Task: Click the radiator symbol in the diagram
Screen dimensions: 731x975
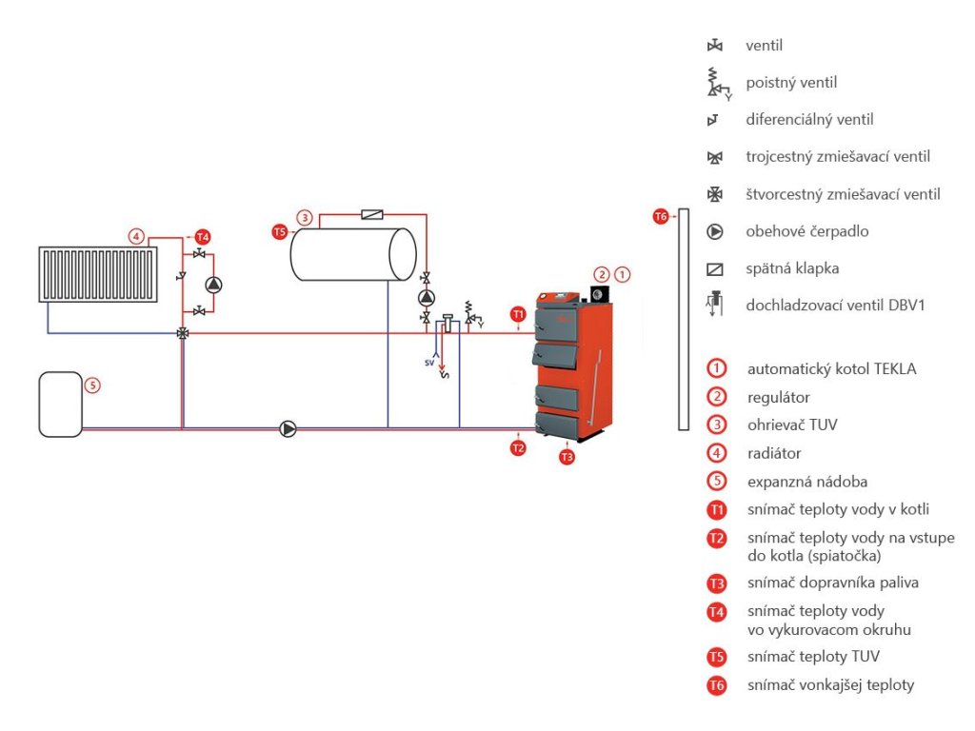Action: click(x=97, y=274)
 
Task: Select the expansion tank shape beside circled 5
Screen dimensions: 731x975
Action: click(x=60, y=405)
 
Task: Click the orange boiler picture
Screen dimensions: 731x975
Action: click(x=570, y=366)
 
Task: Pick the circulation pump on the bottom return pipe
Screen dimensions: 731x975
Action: click(x=289, y=429)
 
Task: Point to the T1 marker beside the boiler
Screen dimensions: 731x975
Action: click(x=517, y=313)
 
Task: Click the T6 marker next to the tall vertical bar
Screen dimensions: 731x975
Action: click(x=661, y=217)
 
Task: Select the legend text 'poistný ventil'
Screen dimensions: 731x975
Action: click(x=791, y=83)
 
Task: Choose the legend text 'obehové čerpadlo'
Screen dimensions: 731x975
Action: click(x=807, y=231)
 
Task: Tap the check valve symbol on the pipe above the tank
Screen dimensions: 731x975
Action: click(x=372, y=215)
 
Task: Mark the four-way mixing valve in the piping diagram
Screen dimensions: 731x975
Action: click(x=182, y=333)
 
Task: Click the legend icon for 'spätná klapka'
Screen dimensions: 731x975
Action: click(x=715, y=268)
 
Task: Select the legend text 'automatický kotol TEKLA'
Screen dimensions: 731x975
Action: click(x=831, y=368)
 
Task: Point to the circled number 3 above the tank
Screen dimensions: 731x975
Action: click(x=305, y=217)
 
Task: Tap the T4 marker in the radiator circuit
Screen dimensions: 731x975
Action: click(x=201, y=236)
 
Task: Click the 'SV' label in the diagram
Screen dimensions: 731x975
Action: click(x=429, y=363)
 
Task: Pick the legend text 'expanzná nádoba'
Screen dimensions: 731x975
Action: click(x=807, y=482)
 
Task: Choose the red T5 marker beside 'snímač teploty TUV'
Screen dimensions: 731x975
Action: click(x=716, y=656)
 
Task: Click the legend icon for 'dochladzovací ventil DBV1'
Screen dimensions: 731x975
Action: click(x=715, y=305)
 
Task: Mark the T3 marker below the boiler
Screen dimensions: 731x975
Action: click(x=567, y=457)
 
